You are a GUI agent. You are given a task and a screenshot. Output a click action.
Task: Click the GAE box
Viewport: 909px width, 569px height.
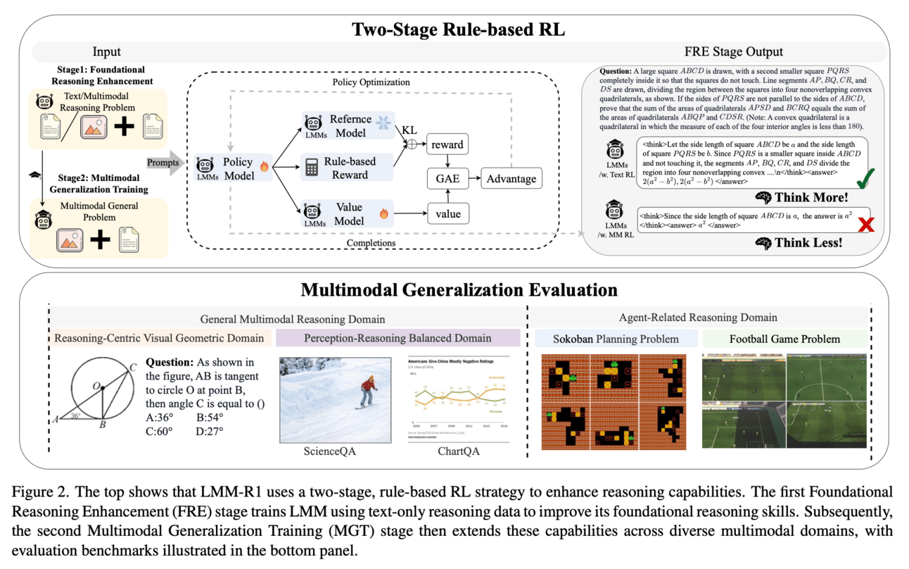[x=447, y=178]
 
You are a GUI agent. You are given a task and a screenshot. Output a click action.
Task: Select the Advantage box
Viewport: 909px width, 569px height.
[x=511, y=178]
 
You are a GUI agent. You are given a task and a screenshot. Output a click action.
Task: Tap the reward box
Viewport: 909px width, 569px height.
[x=447, y=145]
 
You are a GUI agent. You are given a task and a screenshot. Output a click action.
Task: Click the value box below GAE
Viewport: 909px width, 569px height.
[x=447, y=212]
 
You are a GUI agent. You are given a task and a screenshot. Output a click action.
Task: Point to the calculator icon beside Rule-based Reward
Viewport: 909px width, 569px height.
[x=312, y=168]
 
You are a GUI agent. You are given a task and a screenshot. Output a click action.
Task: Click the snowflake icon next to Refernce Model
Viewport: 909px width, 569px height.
[x=383, y=123]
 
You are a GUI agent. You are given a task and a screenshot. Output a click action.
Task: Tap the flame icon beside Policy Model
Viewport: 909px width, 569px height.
[x=264, y=168]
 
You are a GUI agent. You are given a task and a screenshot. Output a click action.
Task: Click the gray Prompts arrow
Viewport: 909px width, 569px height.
[x=165, y=163]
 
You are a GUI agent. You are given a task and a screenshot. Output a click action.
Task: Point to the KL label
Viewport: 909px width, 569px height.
[x=411, y=131]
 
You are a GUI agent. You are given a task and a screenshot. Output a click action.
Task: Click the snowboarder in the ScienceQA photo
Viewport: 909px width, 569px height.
[x=367, y=392]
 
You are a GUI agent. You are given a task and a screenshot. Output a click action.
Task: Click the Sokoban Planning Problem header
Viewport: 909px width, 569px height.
[x=616, y=339]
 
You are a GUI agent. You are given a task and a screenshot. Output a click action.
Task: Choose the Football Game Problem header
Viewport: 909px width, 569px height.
[x=784, y=339]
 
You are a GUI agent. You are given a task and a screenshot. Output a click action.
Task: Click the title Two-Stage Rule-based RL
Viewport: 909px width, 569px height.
[x=454, y=30]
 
